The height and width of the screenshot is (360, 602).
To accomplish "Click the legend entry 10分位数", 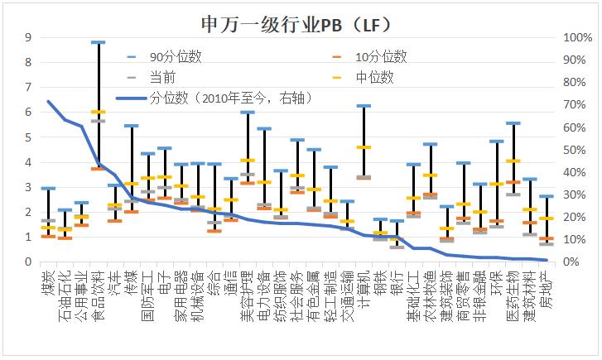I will click(x=380, y=57).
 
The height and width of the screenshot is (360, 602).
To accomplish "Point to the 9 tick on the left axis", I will click(x=27, y=37).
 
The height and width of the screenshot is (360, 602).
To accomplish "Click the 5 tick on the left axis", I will click(x=27, y=137).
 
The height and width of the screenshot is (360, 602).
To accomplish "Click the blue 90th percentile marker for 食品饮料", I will click(x=98, y=42).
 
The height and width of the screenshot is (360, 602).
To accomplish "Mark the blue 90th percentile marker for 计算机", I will click(x=363, y=106).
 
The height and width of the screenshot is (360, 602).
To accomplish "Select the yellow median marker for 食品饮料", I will click(x=98, y=112).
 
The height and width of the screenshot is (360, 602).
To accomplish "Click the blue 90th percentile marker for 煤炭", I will click(x=48, y=189).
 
